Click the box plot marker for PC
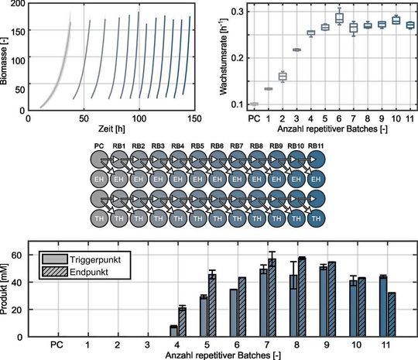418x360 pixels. click(254, 104)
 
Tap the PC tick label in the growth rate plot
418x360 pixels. click(254, 118)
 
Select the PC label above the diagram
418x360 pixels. click(98, 146)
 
